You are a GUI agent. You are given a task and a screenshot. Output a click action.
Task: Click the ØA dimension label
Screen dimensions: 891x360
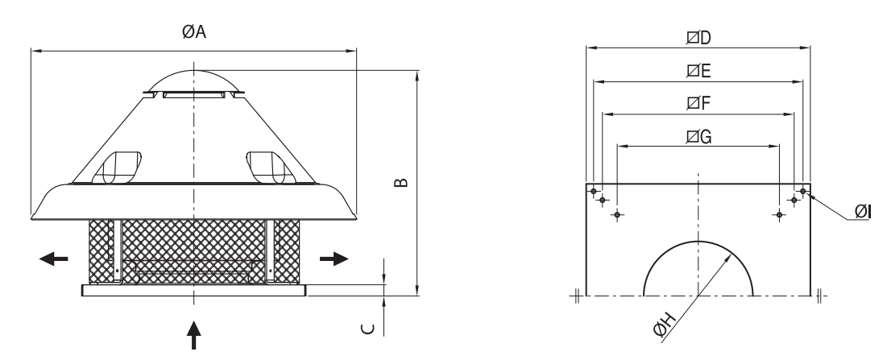[x=194, y=31]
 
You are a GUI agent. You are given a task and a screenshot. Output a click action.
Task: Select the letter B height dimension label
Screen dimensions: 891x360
[x=401, y=182]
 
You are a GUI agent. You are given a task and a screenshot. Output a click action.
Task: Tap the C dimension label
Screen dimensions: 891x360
[x=369, y=329]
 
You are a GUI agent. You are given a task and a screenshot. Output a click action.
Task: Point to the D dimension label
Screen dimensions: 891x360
[x=699, y=38]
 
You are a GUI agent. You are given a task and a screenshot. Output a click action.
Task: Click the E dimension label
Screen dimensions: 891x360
[x=698, y=71]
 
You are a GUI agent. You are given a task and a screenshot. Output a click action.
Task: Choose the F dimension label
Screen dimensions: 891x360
[x=698, y=103]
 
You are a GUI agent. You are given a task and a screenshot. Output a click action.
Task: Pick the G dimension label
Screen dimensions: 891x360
[x=699, y=137]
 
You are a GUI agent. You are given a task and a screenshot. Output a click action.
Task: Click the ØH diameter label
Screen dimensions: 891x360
[x=665, y=325]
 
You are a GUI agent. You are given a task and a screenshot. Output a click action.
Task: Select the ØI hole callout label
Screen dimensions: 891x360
[x=863, y=212]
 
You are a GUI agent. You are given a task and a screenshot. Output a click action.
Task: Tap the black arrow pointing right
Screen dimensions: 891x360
[x=334, y=259]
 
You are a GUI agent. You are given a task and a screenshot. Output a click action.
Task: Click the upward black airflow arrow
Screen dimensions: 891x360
[x=194, y=335]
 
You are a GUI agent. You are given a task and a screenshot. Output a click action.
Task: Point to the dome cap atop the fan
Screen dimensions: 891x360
[x=194, y=81]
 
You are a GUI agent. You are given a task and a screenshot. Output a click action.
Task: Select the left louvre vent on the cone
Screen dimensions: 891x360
[x=117, y=168]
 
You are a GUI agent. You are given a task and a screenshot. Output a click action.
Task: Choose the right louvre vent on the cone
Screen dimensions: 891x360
[x=271, y=168]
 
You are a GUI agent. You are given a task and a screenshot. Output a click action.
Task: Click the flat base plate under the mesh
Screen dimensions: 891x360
[x=194, y=290]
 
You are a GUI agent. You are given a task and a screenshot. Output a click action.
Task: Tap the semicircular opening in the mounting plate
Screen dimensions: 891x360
[x=698, y=242]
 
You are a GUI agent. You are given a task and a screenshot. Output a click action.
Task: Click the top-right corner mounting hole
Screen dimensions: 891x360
[x=803, y=192]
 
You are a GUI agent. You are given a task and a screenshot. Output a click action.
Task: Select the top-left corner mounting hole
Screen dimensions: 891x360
[x=594, y=192]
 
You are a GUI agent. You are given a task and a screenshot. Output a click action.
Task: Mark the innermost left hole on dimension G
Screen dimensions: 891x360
[x=617, y=215]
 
